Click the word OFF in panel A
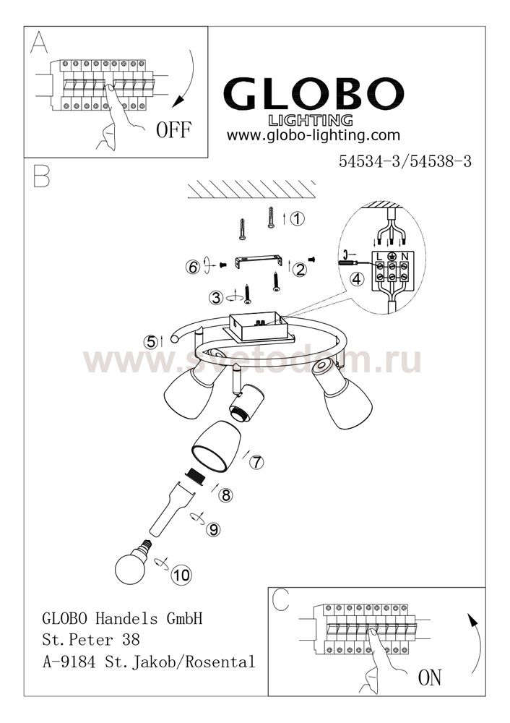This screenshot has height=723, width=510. click(x=173, y=130)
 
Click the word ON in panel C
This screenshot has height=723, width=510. click(x=429, y=678)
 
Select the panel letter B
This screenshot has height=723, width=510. click(x=41, y=176)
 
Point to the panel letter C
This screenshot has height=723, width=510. click(x=281, y=599)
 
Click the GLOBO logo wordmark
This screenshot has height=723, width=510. click(x=314, y=93)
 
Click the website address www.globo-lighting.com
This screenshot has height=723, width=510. click(x=314, y=135)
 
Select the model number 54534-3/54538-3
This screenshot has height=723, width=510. click(x=405, y=161)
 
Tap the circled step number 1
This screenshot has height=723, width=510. click(x=298, y=218)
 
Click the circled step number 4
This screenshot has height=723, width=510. click(x=357, y=278)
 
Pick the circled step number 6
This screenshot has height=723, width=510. click(x=193, y=267)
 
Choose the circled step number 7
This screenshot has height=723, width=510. click(x=256, y=461)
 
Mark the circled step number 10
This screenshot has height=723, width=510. click(x=181, y=575)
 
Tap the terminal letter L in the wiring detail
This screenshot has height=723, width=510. click(x=379, y=257)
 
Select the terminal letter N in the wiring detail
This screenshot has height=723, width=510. click(x=404, y=257)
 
